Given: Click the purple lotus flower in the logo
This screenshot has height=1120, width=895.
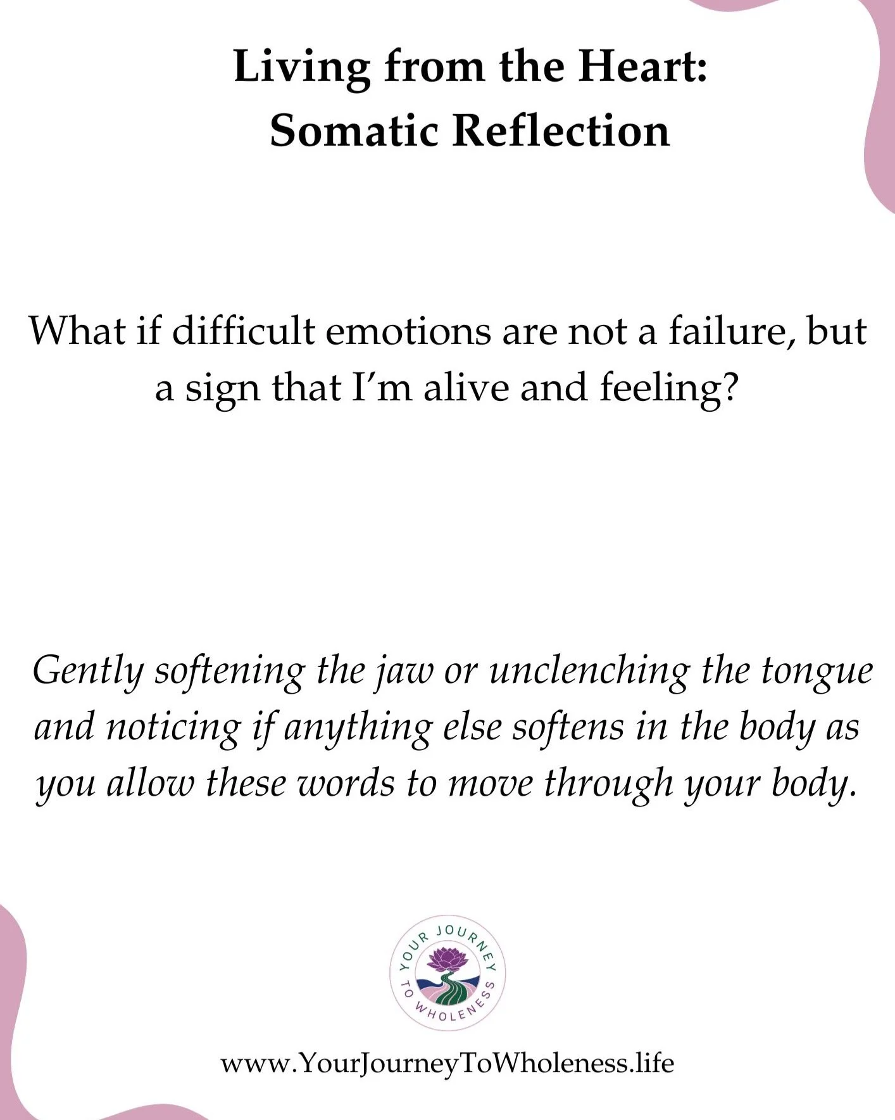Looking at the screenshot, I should click(447, 958).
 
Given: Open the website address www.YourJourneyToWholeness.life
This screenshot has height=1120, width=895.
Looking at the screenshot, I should click(447, 1062).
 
